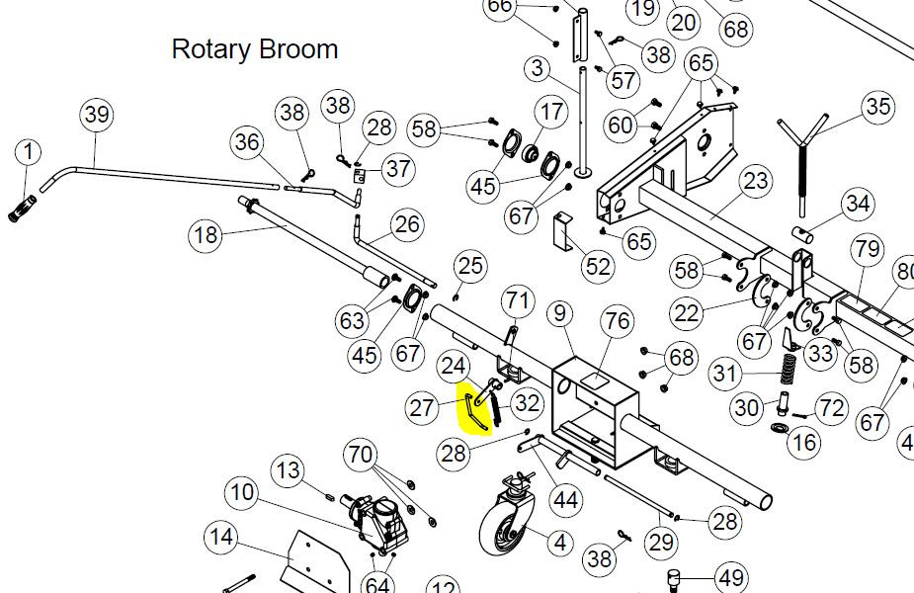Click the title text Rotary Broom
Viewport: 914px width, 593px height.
[255, 49]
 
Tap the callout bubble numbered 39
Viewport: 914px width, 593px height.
[96, 115]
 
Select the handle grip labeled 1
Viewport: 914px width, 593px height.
[23, 209]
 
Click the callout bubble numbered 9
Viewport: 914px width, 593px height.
[559, 313]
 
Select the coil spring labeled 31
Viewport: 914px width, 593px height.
[789, 368]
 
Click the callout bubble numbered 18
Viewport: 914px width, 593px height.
[206, 235]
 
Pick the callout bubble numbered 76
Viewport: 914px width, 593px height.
[618, 321]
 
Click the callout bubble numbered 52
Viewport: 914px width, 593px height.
[598, 267]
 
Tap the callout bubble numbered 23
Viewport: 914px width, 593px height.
[755, 181]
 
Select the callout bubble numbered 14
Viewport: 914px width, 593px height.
[221, 537]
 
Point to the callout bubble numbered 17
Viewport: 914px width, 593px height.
[551, 112]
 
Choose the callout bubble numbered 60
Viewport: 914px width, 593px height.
[621, 125]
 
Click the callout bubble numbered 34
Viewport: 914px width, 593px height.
[858, 204]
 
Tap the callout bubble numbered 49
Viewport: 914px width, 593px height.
[731, 577]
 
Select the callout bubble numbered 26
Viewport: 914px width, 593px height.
[406, 224]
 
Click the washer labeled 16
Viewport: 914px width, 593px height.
[779, 429]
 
